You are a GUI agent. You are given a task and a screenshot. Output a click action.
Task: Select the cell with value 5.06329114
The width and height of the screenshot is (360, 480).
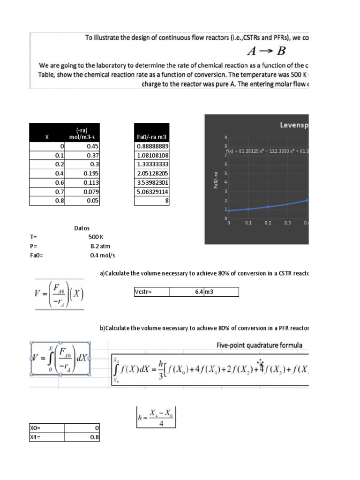pyautogui.click(x=152, y=191)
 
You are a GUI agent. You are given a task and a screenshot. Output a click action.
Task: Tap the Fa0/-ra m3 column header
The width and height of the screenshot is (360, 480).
pyautogui.click(x=152, y=137)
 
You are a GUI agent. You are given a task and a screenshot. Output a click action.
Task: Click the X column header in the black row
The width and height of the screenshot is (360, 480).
pyautogui.click(x=47, y=137)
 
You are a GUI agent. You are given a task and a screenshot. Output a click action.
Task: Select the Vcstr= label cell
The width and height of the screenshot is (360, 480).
pyautogui.click(x=151, y=292)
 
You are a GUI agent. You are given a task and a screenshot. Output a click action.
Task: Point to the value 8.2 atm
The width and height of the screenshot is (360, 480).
pyautogui.click(x=100, y=246)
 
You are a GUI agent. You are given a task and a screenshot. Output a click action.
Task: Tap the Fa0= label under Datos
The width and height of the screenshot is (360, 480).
pyautogui.click(x=36, y=255)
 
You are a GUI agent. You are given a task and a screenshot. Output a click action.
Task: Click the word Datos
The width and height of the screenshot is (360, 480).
pyautogui.click(x=82, y=228)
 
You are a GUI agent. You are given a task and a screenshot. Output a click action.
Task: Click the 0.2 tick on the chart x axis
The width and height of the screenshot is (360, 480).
pyautogui.click(x=268, y=223)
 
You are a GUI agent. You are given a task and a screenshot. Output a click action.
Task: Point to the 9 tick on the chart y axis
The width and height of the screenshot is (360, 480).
pyautogui.click(x=226, y=137)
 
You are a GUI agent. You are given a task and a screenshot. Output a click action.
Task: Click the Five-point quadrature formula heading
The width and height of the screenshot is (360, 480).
pyautogui.click(x=259, y=345)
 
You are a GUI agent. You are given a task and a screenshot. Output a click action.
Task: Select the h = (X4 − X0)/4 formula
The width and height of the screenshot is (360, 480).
pyautogui.click(x=155, y=416)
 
